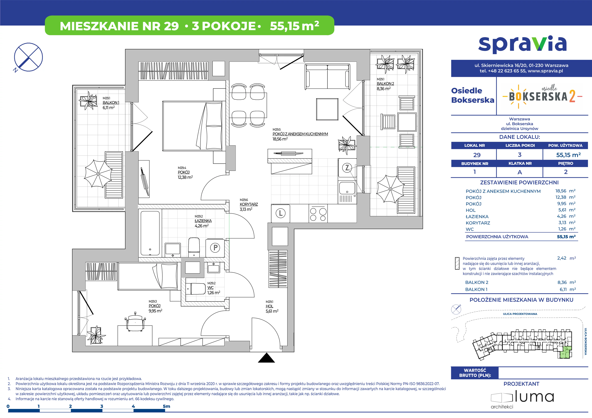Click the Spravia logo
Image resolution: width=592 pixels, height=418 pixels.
click(522, 45)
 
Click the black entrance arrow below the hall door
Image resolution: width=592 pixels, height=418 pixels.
click(267, 358)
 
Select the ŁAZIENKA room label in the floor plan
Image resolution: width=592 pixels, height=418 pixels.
click(203, 221)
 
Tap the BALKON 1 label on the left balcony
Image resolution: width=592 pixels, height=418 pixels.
click(111, 103)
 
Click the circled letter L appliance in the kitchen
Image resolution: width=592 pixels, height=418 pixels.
click(281, 213)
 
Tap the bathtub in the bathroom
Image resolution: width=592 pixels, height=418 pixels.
click(150, 233)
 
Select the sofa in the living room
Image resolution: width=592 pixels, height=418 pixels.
click(327, 77)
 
